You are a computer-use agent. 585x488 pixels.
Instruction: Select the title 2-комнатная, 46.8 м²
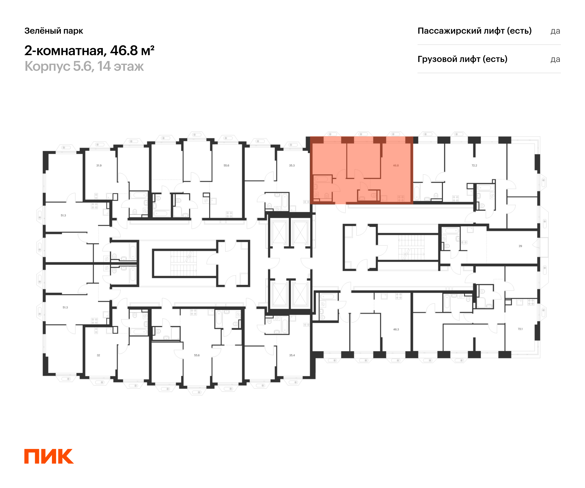(89, 51)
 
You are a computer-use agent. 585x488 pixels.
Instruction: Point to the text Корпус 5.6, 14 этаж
(84, 66)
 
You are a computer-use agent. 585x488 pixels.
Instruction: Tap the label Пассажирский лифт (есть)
(474, 31)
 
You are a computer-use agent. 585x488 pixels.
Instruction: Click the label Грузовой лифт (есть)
(462, 59)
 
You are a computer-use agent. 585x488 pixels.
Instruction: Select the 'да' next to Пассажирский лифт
(555, 31)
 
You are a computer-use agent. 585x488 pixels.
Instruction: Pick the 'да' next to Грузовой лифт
(555, 59)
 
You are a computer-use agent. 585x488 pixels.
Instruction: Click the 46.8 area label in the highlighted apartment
(396, 165)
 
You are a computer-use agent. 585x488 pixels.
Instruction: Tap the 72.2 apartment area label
(474, 165)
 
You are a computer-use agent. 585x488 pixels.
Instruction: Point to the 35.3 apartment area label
(292, 165)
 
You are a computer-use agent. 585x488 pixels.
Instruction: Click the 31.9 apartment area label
(99, 165)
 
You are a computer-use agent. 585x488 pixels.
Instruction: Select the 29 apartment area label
(520, 246)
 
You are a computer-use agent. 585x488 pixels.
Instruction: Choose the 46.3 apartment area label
(396, 329)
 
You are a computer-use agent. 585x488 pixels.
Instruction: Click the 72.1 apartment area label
(520, 329)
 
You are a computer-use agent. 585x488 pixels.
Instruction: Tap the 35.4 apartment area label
(292, 355)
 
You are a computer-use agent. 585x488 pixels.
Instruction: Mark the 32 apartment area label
(98, 355)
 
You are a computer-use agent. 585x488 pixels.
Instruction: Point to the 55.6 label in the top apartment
(226, 165)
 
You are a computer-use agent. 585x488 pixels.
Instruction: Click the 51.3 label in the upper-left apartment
(63, 215)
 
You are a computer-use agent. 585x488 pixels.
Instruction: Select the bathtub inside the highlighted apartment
(322, 179)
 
